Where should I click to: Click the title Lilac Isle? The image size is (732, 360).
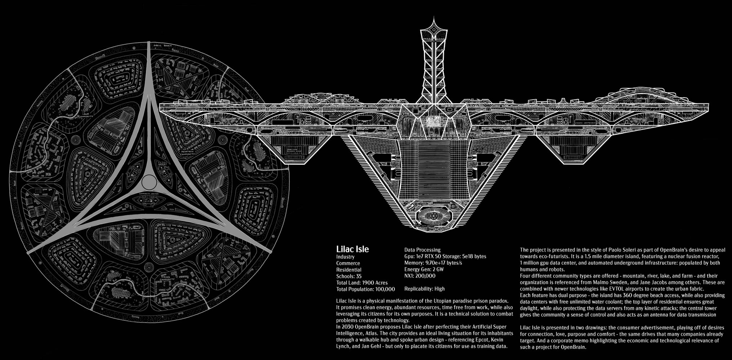[352, 249]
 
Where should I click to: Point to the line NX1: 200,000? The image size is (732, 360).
[420, 276]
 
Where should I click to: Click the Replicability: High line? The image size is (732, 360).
[424, 289]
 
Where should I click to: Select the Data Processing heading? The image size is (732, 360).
[422, 249]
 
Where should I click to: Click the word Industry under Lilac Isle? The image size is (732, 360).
[345, 257]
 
